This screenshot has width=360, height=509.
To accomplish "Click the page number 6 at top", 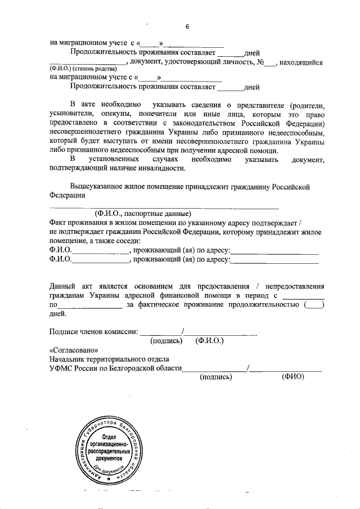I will pos(187,26).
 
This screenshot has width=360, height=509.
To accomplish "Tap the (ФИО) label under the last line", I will pos(292,377).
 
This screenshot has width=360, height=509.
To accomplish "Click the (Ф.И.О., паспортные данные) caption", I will pos(143,214).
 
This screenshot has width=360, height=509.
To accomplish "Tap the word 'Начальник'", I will pos(69,359).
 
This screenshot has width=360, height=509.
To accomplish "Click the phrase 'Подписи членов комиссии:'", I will pos(93,331).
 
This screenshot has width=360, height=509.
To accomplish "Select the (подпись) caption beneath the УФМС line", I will pos(216,377).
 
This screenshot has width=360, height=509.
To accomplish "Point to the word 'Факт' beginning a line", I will pos(58,223).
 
